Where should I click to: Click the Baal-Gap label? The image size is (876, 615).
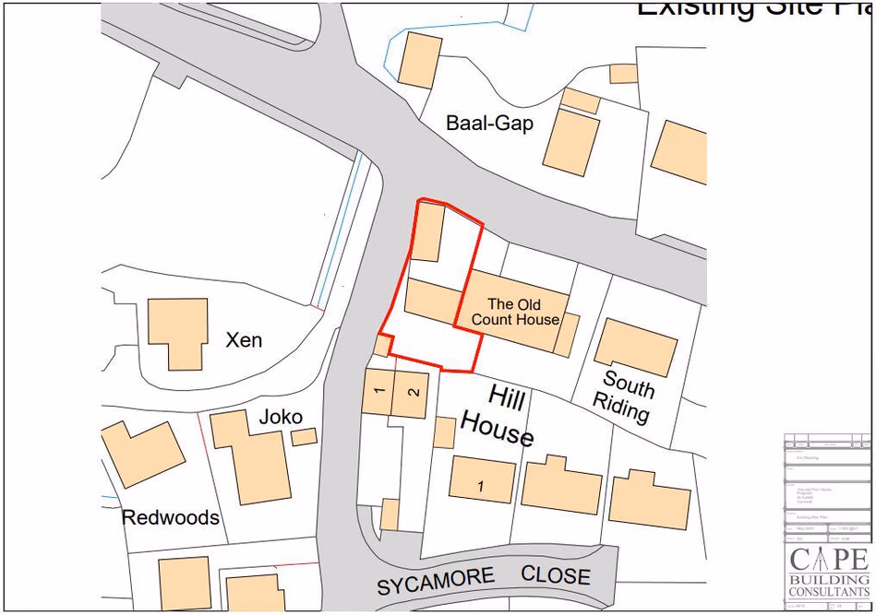[x=489, y=123]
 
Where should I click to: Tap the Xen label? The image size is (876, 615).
[x=244, y=340]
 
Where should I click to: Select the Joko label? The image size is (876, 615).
[x=281, y=417]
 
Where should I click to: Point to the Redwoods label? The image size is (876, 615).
[x=171, y=517]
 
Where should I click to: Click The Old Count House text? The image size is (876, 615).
[x=514, y=312]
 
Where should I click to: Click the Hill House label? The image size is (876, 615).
[x=499, y=415]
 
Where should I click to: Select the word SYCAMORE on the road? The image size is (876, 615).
[x=436, y=582]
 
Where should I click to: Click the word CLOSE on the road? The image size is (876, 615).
[x=556, y=575]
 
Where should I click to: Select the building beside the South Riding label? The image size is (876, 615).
[x=636, y=347]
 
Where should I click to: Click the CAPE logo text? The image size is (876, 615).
[x=828, y=560]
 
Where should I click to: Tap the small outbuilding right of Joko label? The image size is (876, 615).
[x=304, y=437]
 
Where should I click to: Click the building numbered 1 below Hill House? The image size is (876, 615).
[x=482, y=479]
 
